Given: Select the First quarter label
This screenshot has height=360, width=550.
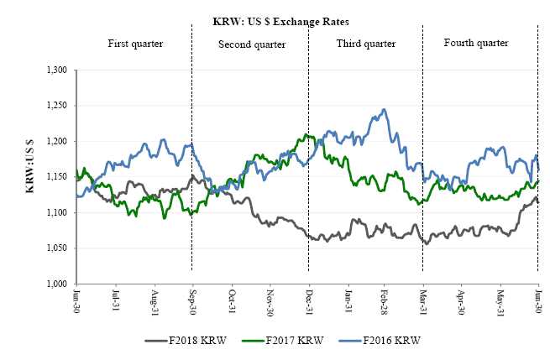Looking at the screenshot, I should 135,42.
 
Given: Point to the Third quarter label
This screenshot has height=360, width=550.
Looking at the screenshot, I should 365,42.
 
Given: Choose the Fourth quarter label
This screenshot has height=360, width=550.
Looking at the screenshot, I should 476,42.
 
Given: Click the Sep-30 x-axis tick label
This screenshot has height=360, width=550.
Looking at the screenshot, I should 192,300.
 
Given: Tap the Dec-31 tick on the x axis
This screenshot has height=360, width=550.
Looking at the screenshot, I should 308,300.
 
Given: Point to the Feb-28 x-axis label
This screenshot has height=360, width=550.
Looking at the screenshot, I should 385,300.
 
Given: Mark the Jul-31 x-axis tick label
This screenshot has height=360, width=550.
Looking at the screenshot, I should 115,300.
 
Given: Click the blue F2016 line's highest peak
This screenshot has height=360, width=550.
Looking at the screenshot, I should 384,109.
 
